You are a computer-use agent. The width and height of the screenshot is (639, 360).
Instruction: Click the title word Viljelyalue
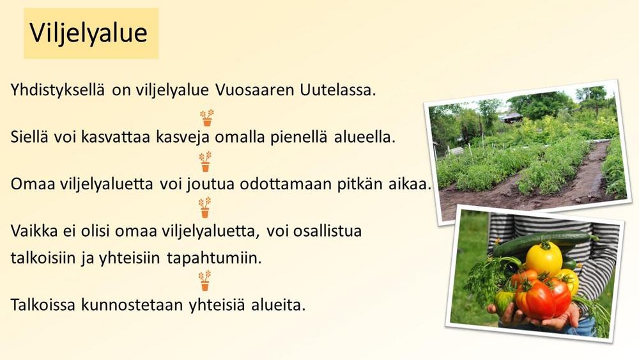point(88,33)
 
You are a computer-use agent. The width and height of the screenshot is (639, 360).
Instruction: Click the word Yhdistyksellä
point(58,90)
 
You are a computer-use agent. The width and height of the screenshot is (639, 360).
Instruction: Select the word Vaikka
point(35,231)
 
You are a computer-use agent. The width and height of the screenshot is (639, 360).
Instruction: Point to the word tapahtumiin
point(214,258)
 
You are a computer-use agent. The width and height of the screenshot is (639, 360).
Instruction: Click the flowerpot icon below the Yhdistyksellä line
point(207,118)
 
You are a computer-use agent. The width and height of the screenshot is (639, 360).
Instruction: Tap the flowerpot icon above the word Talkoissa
point(204,281)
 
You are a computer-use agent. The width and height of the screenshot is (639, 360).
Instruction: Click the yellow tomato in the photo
point(544,258)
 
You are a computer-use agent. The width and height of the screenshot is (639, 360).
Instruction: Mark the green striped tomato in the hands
point(504,301)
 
